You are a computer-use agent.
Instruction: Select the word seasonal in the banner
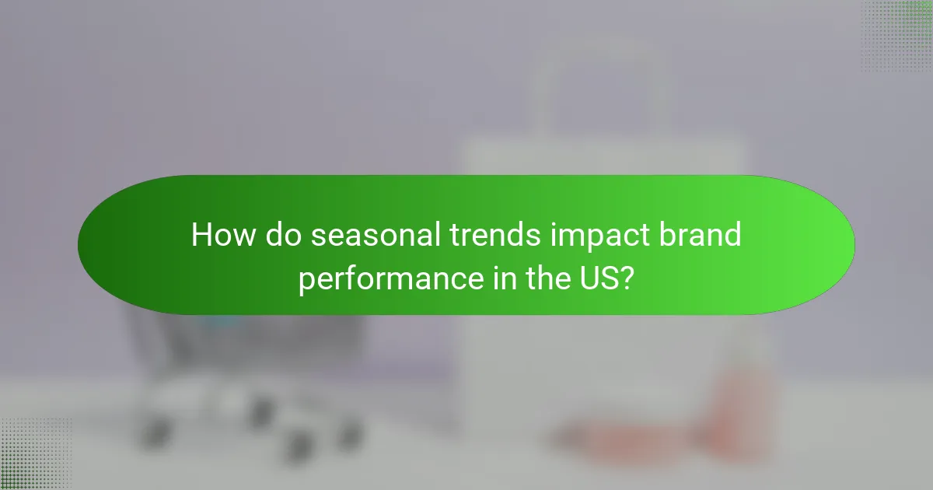(376, 235)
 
